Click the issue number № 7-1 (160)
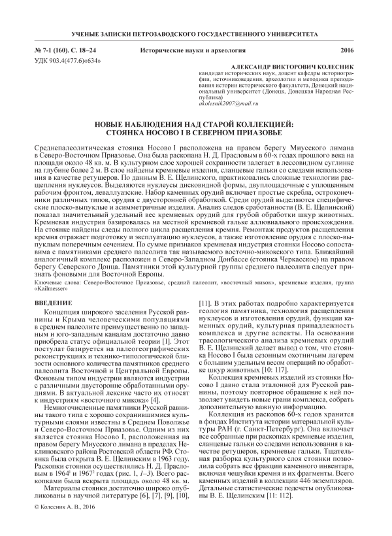(x=53, y=50)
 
